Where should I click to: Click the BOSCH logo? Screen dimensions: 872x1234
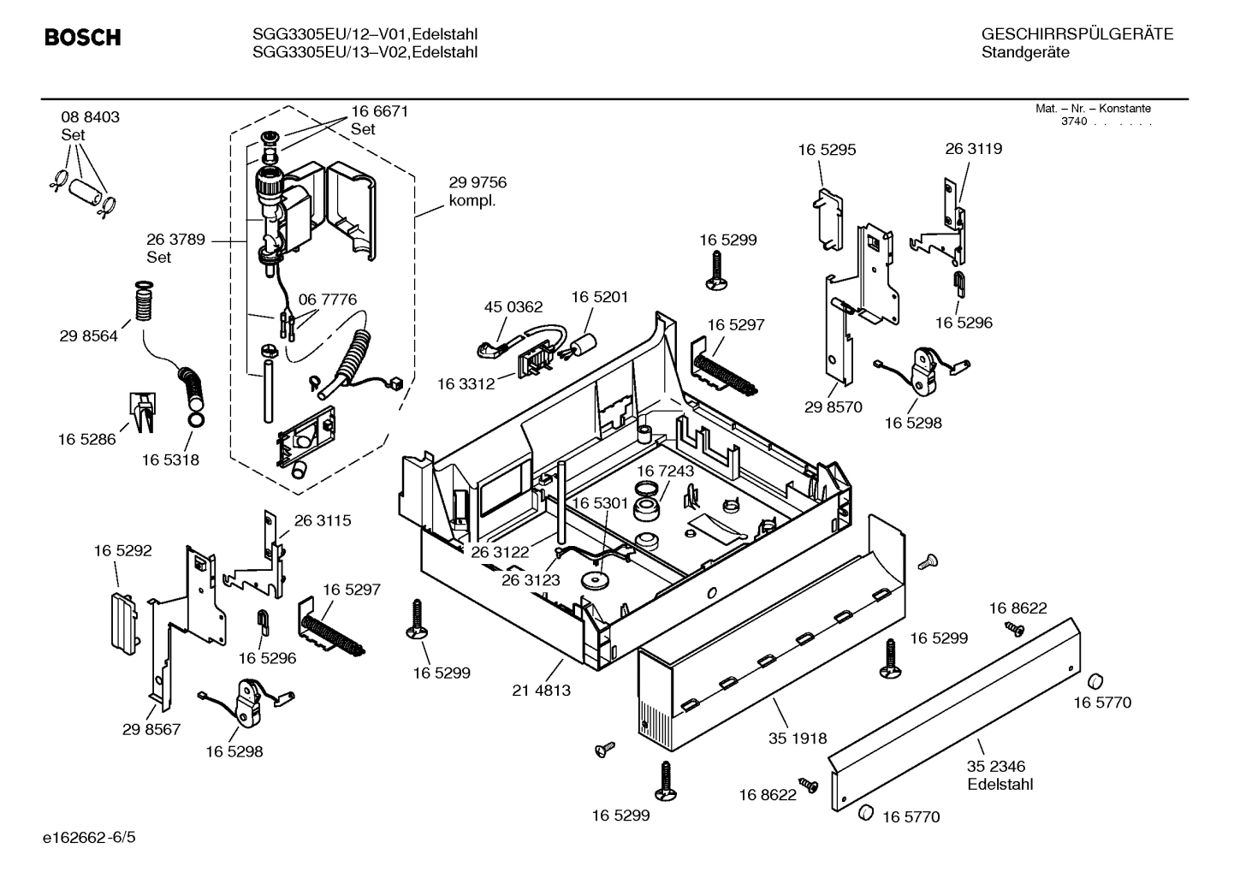click(x=82, y=38)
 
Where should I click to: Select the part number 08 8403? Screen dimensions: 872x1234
click(x=90, y=117)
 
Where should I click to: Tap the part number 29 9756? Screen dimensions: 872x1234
click(x=478, y=182)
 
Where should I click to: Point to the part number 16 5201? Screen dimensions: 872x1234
click(x=599, y=297)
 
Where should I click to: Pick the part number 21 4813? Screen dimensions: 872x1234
click(x=541, y=691)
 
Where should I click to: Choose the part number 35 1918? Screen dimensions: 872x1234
click(x=798, y=739)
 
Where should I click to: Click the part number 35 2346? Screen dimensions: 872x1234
click(x=996, y=766)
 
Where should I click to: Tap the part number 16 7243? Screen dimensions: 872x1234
click(x=665, y=471)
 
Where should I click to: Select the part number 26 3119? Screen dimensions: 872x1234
click(x=973, y=148)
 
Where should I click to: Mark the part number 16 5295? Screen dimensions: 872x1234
click(x=827, y=150)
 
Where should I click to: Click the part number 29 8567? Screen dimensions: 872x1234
click(x=151, y=729)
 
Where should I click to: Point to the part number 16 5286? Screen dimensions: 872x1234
click(x=86, y=440)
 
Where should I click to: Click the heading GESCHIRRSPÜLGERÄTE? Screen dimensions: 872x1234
click(x=1077, y=34)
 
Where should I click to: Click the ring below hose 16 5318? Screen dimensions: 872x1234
click(x=194, y=420)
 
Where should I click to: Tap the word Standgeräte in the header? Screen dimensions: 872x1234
click(x=1024, y=52)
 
